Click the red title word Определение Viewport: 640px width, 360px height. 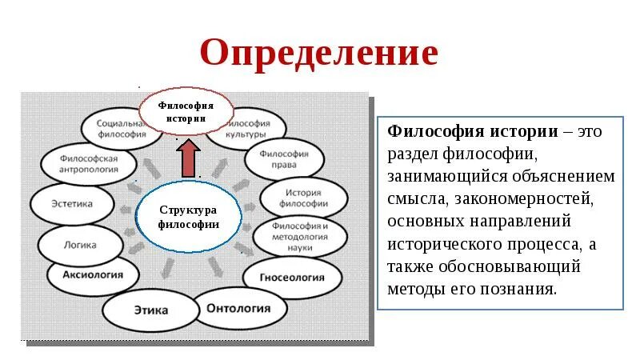[319, 54]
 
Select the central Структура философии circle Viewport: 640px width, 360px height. [188, 216]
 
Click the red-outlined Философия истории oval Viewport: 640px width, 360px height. [186, 111]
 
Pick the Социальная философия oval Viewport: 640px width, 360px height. [118, 130]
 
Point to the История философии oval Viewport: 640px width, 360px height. [305, 198]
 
